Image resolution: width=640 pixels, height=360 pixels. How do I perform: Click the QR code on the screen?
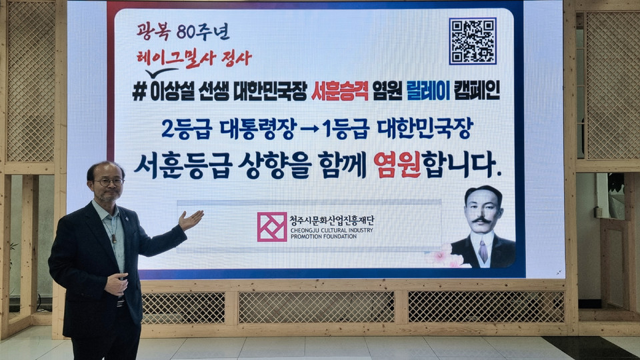(x=473, y=41)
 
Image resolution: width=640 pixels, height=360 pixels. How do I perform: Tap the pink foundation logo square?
(x=272, y=227)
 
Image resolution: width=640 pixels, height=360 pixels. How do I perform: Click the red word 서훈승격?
(x=339, y=91)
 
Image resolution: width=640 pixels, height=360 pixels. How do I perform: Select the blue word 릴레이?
(x=428, y=91)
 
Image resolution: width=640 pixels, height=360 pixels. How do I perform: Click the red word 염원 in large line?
(x=397, y=165)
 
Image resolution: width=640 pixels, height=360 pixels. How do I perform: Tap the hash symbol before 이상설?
(x=139, y=92)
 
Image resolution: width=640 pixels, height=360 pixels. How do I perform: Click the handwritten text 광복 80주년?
(x=183, y=31)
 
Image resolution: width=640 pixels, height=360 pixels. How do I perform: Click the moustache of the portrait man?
(x=481, y=221)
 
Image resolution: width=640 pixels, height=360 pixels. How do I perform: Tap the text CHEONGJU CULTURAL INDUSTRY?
(x=332, y=230)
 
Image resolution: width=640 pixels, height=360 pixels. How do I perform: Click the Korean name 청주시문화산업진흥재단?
(x=332, y=221)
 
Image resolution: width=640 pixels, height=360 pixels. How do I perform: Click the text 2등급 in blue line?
(x=187, y=129)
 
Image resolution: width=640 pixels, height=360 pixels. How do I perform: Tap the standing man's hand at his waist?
(x=116, y=284)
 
